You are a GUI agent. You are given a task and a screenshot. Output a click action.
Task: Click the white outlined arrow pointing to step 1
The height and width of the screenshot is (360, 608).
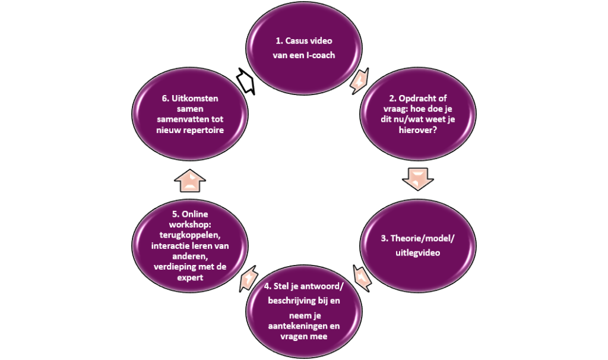(x=245, y=81)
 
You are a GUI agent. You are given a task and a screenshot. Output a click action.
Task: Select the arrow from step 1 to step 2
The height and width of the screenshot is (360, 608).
(x=359, y=81)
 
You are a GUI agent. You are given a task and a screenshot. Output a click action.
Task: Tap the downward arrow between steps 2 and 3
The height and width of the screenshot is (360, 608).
(x=417, y=179)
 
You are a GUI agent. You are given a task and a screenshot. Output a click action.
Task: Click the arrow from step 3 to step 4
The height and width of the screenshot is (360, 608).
(x=362, y=278)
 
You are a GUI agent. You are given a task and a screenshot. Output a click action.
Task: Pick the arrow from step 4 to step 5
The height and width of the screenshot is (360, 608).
(x=248, y=279)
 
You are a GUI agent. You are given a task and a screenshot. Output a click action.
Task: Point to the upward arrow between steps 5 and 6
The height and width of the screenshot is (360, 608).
(x=190, y=181)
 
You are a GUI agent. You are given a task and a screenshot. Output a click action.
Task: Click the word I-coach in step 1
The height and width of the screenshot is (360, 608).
(x=321, y=55)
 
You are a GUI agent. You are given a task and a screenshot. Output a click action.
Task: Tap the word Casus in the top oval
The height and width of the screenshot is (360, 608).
(x=297, y=41)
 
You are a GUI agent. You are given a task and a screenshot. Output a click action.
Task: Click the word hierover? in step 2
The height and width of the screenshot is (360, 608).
(x=418, y=130)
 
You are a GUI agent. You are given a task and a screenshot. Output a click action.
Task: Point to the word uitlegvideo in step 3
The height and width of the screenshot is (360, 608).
(x=417, y=252)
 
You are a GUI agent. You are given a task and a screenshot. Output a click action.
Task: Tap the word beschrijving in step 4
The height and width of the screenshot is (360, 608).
(x=292, y=301)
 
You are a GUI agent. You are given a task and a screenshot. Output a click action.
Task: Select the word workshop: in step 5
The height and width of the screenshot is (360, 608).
(x=190, y=225)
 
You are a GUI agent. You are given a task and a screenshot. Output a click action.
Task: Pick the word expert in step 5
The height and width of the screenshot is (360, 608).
(x=190, y=277)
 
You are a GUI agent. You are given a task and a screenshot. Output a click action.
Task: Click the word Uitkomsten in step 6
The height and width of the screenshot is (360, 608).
(x=195, y=98)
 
